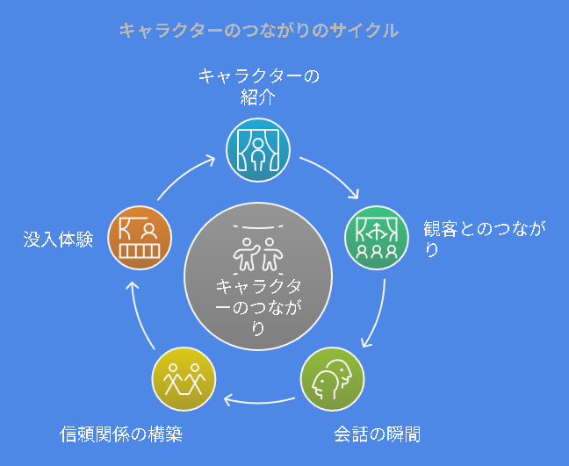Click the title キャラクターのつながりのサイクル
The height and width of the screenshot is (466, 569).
coord(259,31)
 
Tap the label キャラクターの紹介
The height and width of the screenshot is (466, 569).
coord(258,87)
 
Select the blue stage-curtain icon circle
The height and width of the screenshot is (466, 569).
coord(258,150)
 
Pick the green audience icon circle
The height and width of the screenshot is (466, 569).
coord(377,238)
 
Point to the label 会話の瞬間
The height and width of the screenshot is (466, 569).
coord(377,434)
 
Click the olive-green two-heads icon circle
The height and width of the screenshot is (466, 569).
coord(333,379)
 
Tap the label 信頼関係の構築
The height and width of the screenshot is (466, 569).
coord(121,434)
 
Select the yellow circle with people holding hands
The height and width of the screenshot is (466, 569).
coord(184,379)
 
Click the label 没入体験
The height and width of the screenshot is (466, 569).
coord(59,240)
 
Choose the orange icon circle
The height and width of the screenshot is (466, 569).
coord(140,238)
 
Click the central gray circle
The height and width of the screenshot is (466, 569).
coord(258,276)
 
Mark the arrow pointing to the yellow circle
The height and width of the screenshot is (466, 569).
coord(258,401)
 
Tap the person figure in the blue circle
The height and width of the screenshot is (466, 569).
coord(258,154)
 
